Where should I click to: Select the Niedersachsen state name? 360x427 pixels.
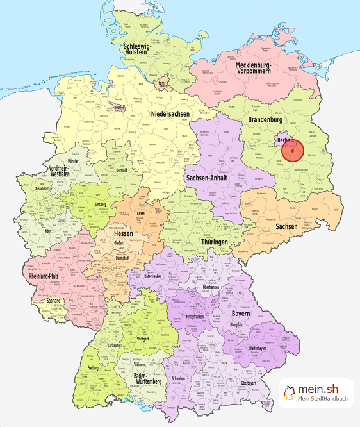[x=171, y=114]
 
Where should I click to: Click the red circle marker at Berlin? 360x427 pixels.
[x=292, y=151]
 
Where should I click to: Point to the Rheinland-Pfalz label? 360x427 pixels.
[x=47, y=276]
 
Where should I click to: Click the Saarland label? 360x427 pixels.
[x=53, y=300]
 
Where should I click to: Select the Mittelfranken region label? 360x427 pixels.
[x=199, y=316]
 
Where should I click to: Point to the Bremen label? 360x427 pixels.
[x=119, y=108]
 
